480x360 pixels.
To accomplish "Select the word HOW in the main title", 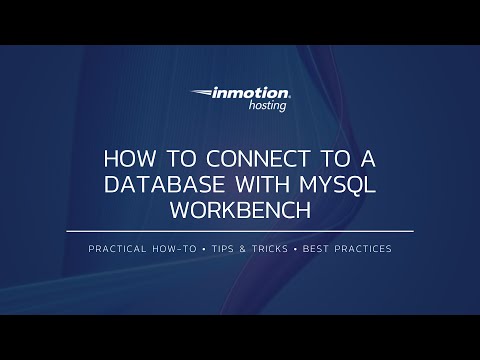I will [x=127, y=159].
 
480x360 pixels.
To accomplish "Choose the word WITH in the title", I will [x=267, y=185].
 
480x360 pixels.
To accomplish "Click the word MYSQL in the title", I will [x=339, y=185].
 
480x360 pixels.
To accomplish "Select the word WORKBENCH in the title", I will [x=240, y=211].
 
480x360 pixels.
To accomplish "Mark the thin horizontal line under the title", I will [x=240, y=232].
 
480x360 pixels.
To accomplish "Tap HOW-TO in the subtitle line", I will [x=180, y=249].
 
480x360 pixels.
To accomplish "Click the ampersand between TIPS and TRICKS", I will [x=247, y=249].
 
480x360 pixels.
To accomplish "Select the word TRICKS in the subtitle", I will [x=273, y=249].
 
